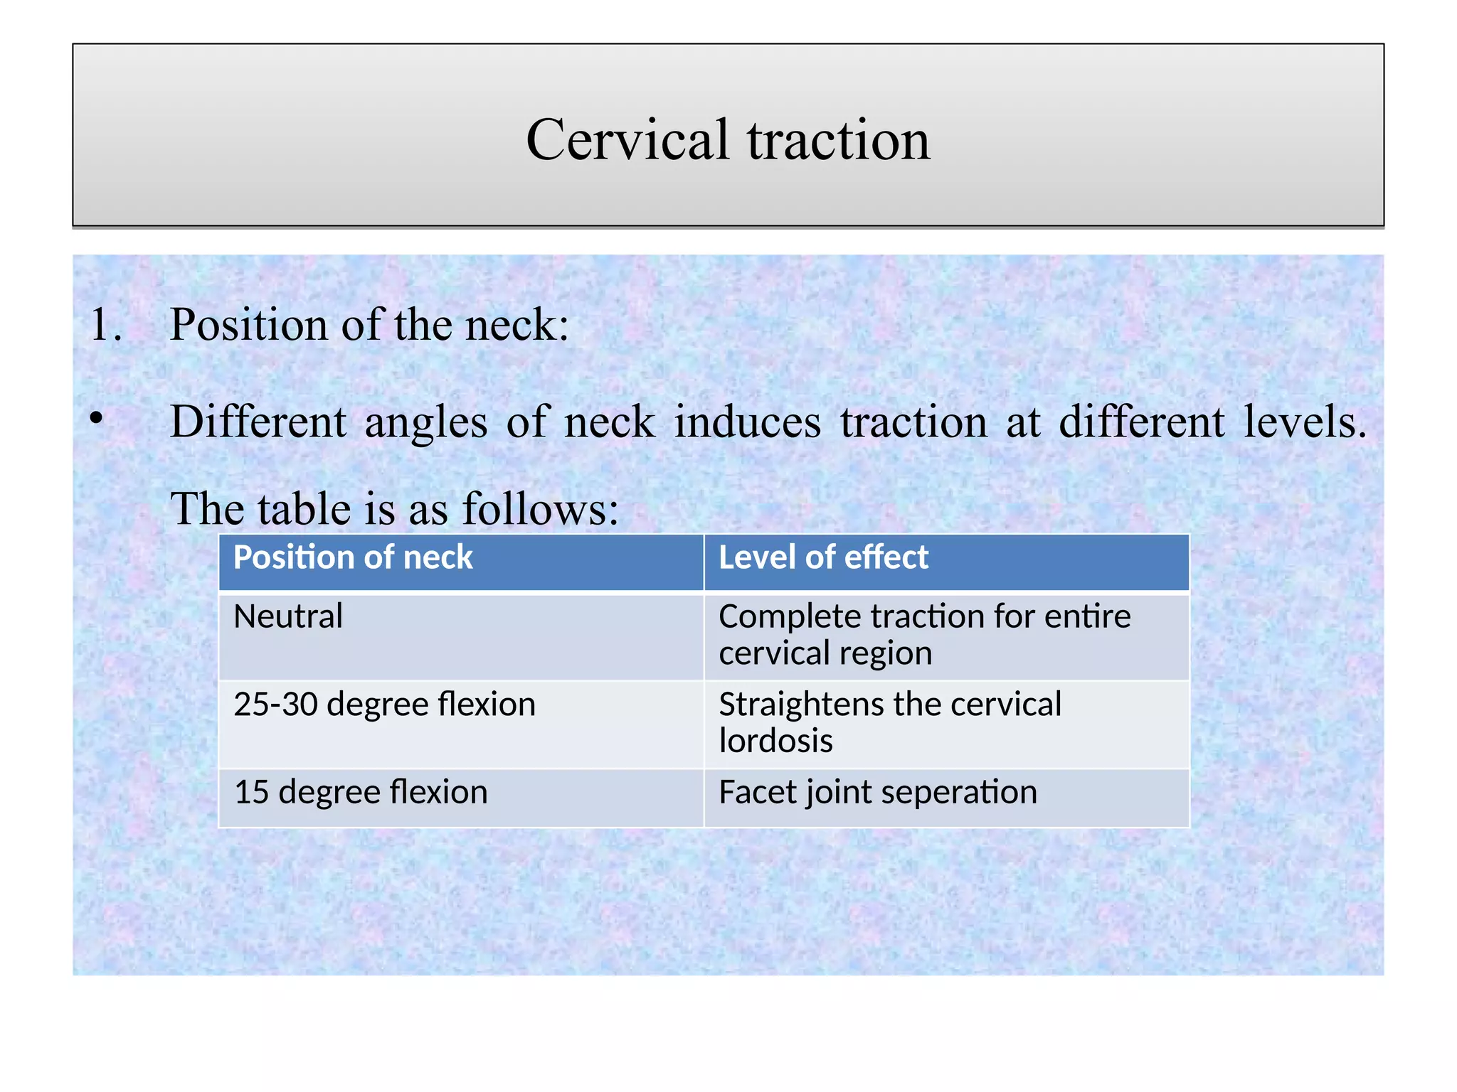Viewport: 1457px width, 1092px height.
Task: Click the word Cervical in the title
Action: tap(627, 139)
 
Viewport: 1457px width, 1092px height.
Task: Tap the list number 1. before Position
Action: tap(106, 325)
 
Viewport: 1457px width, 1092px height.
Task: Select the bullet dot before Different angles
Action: tap(97, 419)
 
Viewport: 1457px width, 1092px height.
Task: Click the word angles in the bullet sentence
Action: tap(425, 422)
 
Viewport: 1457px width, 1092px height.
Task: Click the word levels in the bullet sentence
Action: tap(1304, 422)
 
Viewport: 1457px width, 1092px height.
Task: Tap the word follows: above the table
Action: tap(541, 509)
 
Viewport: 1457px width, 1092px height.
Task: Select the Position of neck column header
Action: tap(353, 557)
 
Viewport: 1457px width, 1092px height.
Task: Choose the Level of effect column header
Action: tap(823, 557)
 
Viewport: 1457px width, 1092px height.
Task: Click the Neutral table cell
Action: tap(288, 616)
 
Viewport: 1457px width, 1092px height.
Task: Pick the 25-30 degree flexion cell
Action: tap(384, 705)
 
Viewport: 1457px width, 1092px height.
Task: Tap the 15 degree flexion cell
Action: tap(361, 792)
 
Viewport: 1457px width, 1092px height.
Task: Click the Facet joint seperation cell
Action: tap(878, 792)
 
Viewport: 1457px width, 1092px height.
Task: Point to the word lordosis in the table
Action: tap(775, 741)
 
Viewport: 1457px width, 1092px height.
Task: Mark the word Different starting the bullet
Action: tap(258, 422)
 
